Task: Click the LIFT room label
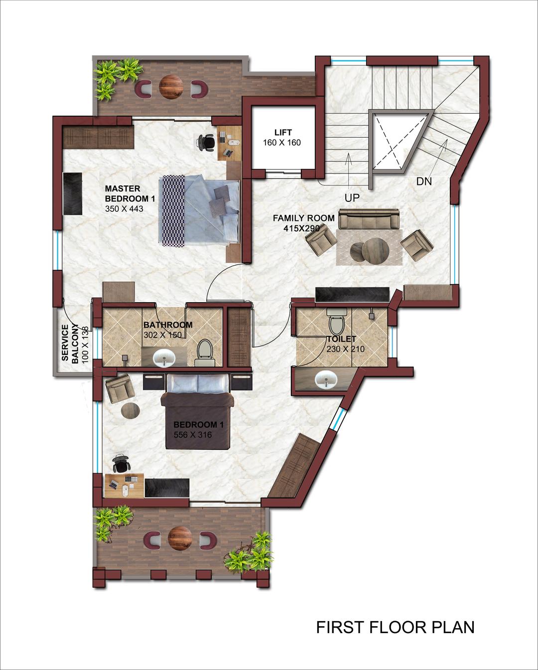[x=283, y=132]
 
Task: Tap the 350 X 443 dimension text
[x=124, y=208]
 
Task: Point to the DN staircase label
[x=424, y=181]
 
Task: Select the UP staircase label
[x=352, y=197]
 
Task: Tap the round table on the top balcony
[x=171, y=86]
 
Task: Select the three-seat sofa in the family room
[x=369, y=219]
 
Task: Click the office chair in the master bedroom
[x=206, y=142]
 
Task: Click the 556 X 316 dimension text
[x=193, y=435]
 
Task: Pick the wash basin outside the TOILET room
[x=326, y=380]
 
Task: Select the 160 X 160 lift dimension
[x=282, y=143]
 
